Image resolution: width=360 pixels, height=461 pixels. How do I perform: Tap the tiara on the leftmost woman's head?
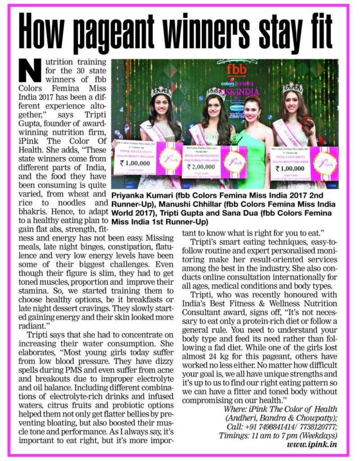pos(160,91)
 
